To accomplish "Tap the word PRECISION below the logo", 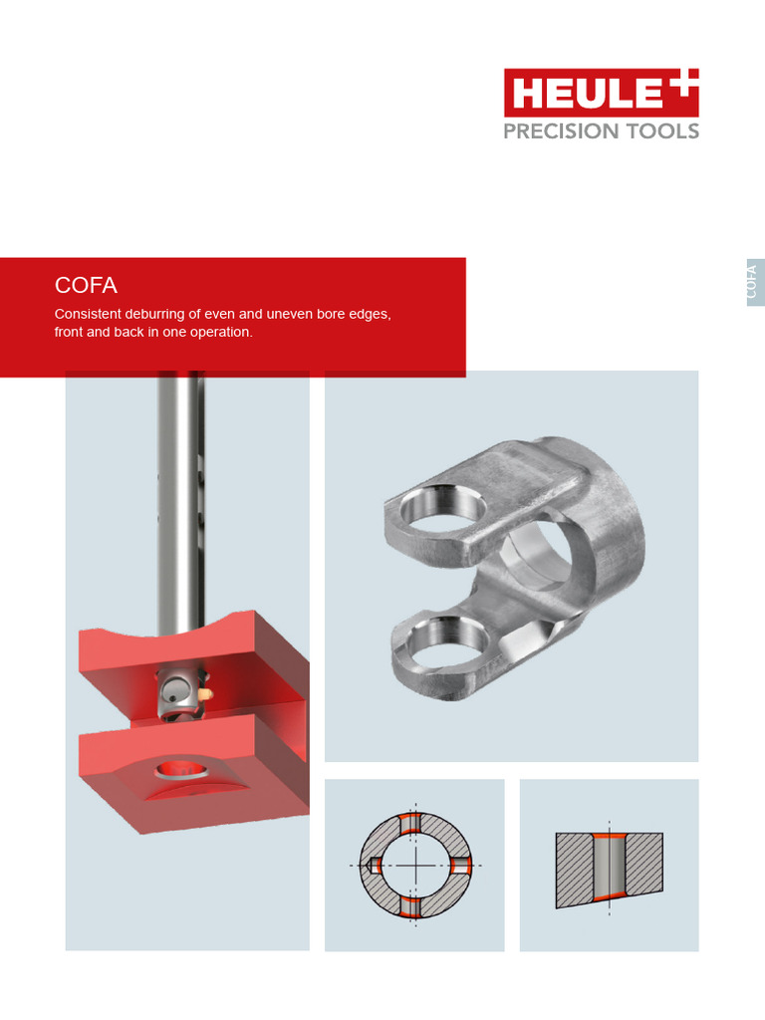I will pos(562,130).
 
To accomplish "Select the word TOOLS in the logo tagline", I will pos(662,130).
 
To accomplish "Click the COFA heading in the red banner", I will pos(86,286).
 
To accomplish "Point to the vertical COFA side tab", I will pos(755,282).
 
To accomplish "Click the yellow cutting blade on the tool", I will pos(205,691).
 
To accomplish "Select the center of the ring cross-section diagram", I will pos(414,866).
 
